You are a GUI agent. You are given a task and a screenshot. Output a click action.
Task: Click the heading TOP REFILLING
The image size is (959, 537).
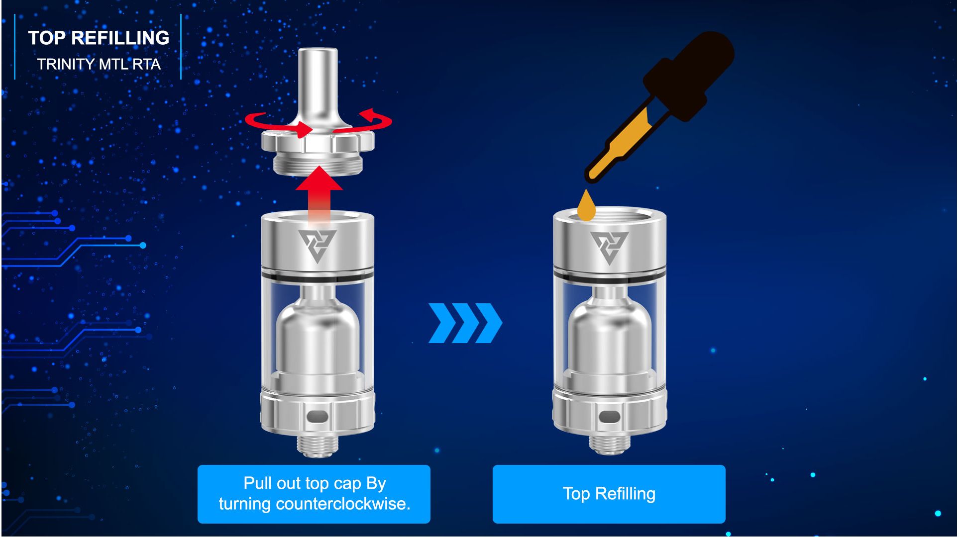pyautogui.click(x=99, y=38)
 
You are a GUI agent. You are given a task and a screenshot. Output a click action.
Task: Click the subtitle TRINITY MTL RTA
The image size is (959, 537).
pyautogui.click(x=99, y=64)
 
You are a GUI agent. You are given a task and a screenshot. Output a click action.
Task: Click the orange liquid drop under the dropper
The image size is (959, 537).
pyautogui.click(x=587, y=205)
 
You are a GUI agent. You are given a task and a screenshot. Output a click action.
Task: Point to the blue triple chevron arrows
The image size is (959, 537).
pyautogui.click(x=465, y=323)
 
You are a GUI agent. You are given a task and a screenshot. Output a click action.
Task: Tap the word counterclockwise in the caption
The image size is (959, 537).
pyautogui.click(x=343, y=504)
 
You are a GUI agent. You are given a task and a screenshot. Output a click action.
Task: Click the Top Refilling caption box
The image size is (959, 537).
pyautogui.click(x=609, y=494)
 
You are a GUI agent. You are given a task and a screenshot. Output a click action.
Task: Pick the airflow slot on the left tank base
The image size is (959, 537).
pyautogui.click(x=318, y=416)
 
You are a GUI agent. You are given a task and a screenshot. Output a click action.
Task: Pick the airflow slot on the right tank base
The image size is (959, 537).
pyautogui.click(x=610, y=416)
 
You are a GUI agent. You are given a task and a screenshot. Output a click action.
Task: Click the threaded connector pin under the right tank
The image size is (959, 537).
pyautogui.click(x=610, y=444)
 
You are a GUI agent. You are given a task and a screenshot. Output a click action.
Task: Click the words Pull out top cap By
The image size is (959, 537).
pyautogui.click(x=315, y=483)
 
